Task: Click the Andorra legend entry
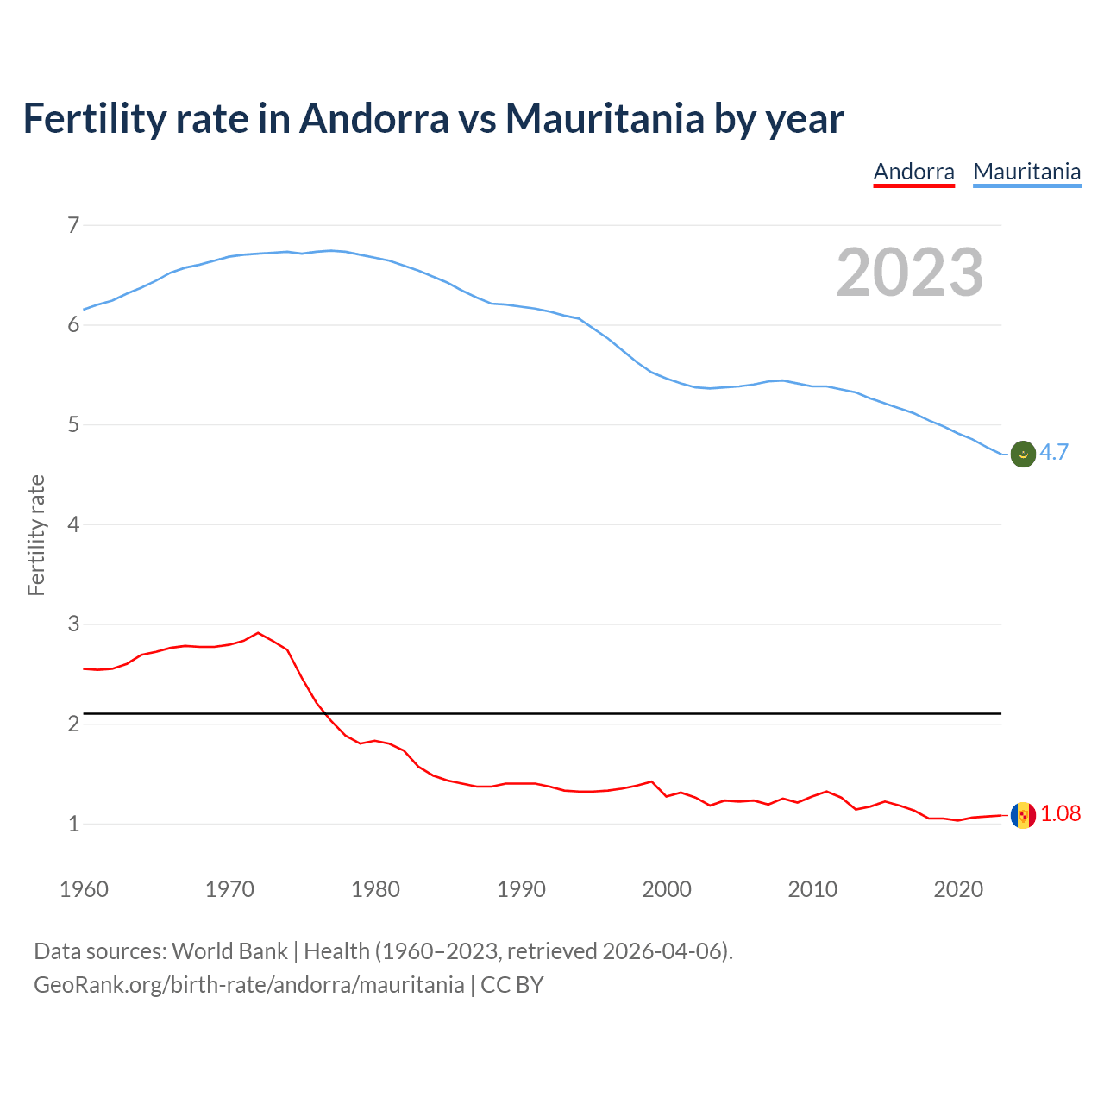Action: point(913,172)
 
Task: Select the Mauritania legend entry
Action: point(1026,172)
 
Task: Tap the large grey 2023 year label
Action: point(909,273)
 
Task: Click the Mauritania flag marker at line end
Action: point(1023,454)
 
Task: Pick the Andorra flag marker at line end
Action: point(1023,815)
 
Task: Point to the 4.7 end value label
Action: point(1054,453)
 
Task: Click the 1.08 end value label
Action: point(1060,814)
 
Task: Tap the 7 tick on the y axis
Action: point(73,226)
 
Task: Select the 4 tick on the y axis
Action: point(73,524)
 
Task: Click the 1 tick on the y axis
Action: point(73,824)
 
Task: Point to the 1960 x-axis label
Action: point(84,889)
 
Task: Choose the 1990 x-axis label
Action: point(521,889)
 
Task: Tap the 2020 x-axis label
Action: point(958,889)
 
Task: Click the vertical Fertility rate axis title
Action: point(36,535)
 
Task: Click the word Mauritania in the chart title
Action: point(605,118)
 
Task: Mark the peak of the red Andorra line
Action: point(258,633)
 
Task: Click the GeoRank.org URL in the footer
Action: point(248,985)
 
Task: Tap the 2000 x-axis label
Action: point(667,889)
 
